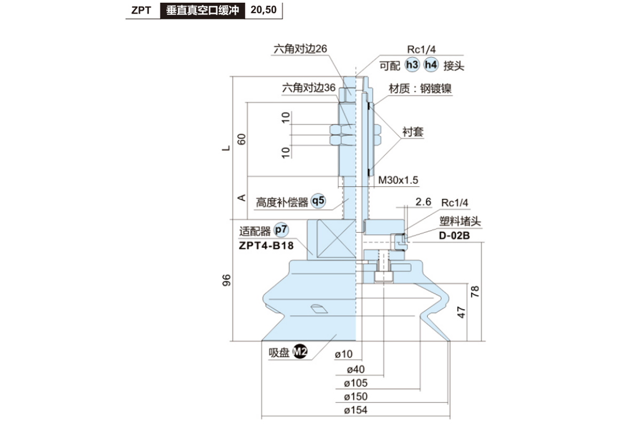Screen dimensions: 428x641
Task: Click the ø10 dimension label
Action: (x=345, y=354)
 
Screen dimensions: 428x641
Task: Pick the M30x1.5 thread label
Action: (x=398, y=180)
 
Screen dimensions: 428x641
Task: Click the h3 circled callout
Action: (x=411, y=65)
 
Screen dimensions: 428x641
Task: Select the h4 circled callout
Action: (x=431, y=65)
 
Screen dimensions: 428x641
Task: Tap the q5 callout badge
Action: (x=318, y=201)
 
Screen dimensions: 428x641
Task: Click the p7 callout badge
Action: (x=281, y=231)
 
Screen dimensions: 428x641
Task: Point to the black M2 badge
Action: (x=301, y=352)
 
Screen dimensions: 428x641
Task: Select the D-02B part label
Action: (x=454, y=234)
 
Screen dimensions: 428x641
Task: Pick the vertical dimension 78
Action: (x=475, y=292)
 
